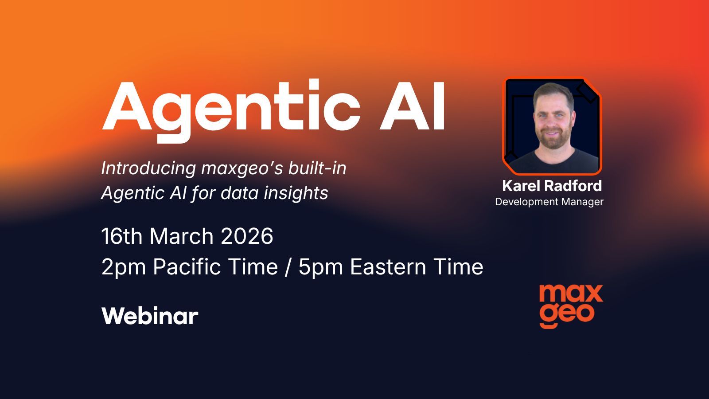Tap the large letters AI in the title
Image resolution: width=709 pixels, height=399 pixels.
(x=412, y=106)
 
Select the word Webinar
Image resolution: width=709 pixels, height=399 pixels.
(x=150, y=316)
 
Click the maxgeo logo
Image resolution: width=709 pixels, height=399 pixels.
(x=571, y=305)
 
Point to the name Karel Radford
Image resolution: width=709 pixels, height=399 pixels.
(x=552, y=186)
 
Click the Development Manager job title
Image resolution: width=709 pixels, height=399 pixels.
(x=549, y=202)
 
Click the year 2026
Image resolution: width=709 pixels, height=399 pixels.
(x=247, y=236)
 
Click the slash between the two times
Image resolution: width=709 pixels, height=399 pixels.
(x=288, y=267)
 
